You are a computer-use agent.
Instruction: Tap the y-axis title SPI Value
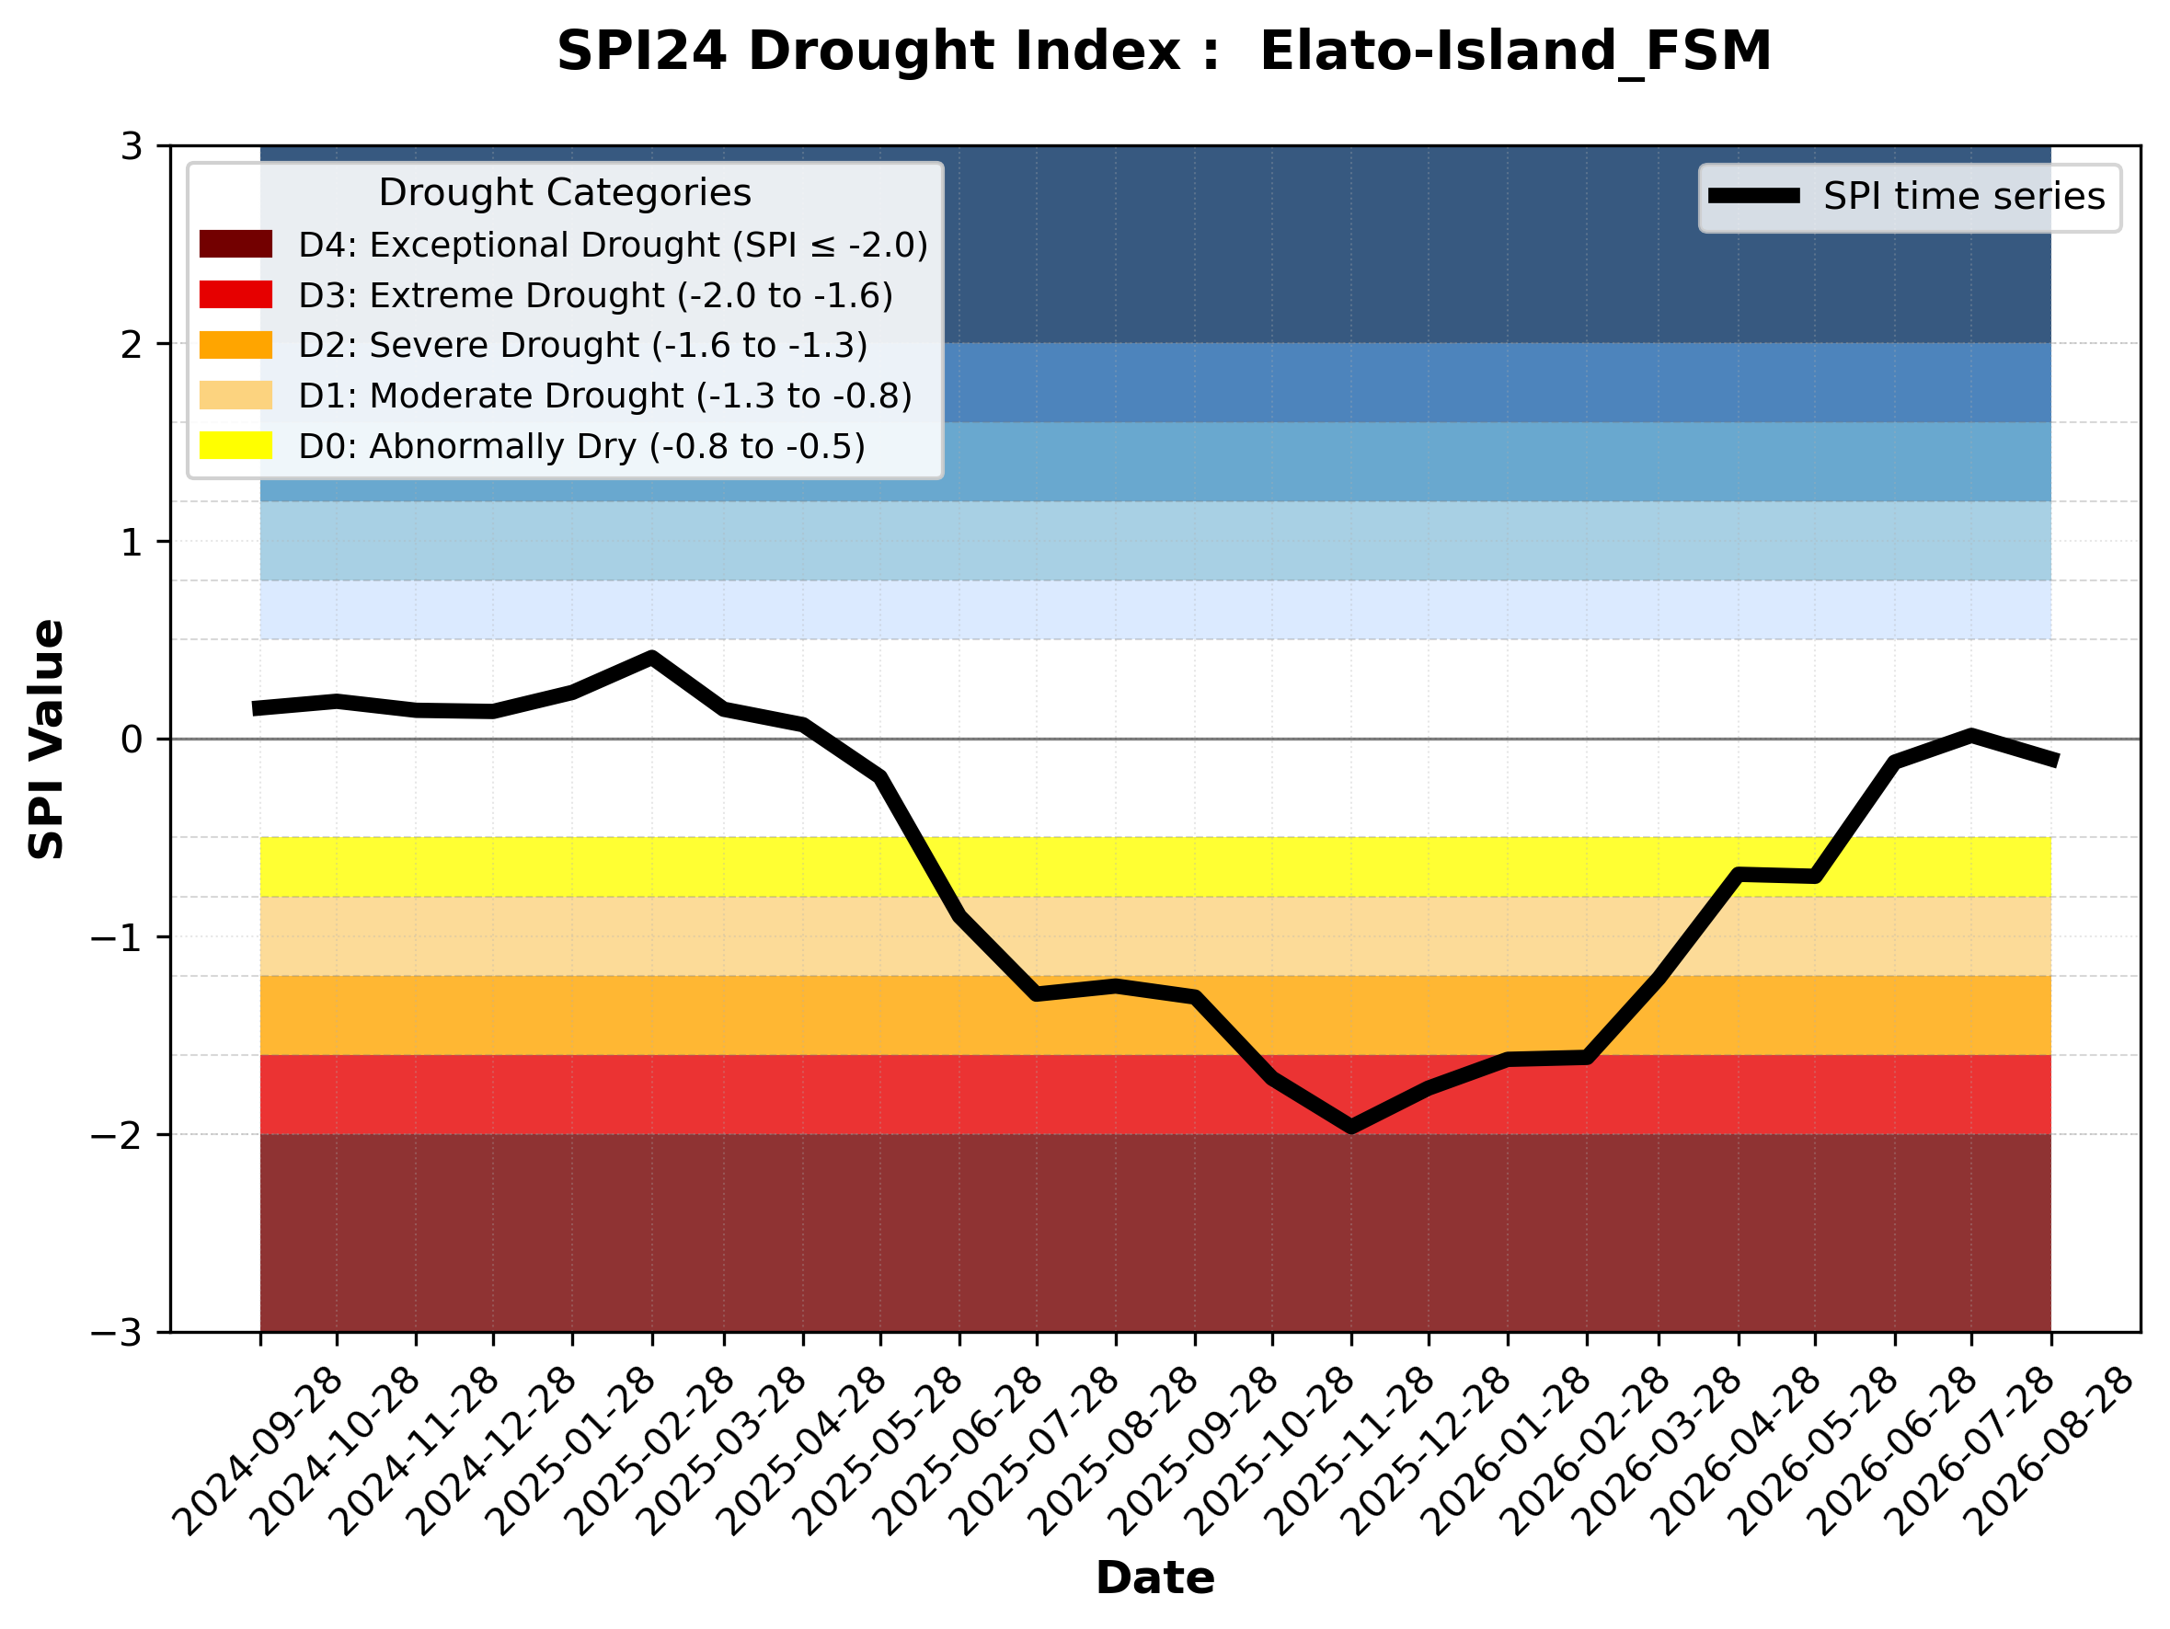tap(46, 740)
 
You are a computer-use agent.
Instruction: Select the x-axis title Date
tap(1154, 1578)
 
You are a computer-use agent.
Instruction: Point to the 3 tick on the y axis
tap(132, 146)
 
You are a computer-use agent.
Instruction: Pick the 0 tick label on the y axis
tap(132, 740)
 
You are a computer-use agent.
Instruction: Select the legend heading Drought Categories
tap(564, 192)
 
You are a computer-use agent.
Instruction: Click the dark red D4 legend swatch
tap(235, 244)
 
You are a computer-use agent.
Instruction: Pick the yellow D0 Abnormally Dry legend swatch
tap(235, 445)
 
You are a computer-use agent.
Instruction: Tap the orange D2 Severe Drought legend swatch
tap(235, 345)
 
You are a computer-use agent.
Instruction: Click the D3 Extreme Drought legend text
tap(595, 295)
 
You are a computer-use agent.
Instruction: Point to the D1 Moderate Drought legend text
tap(605, 396)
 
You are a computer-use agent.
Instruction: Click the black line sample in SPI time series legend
tap(1754, 196)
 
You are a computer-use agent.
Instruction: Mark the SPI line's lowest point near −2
tap(1351, 1128)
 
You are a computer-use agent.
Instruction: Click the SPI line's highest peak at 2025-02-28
tap(652, 657)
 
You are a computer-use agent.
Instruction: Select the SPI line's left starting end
tap(255, 708)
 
